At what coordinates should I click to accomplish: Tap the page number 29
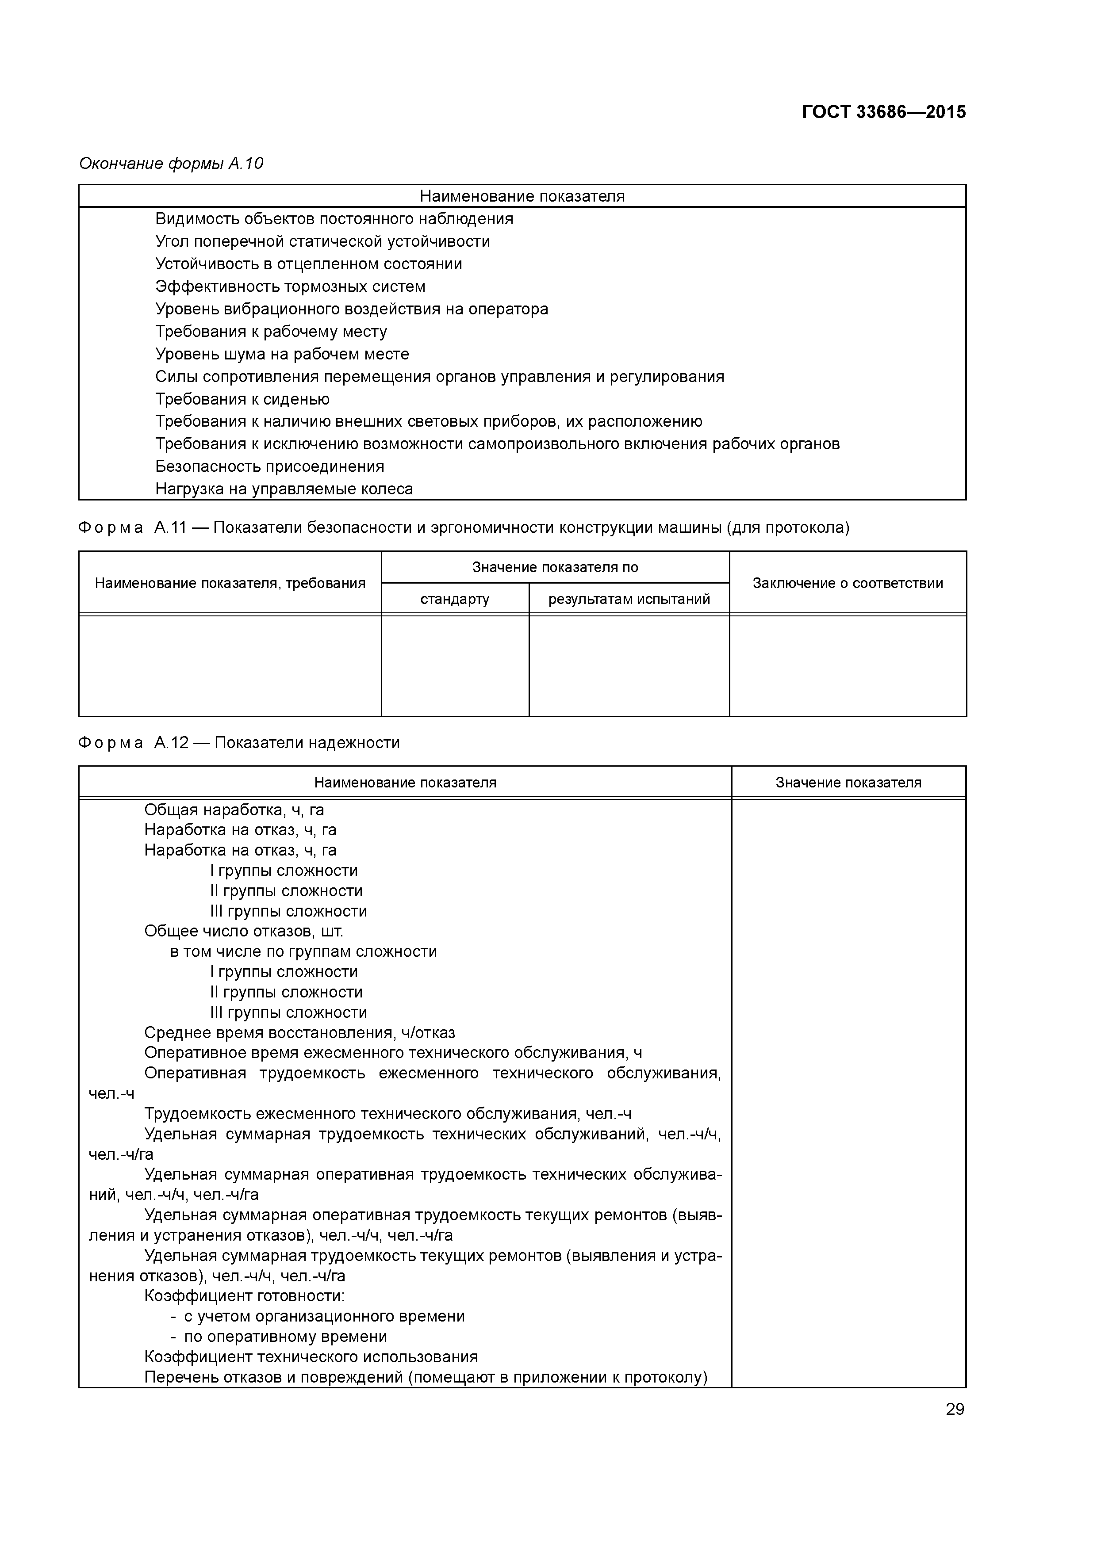[x=955, y=1409]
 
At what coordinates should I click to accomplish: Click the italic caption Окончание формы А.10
[x=171, y=164]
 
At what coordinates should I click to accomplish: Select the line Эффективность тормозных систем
[x=290, y=287]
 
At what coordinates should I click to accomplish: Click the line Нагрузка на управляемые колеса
[x=284, y=489]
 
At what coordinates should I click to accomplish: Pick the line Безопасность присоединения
[x=270, y=467]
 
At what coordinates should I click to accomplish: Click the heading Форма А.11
[x=463, y=527]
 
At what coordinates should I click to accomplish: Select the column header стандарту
[x=454, y=599]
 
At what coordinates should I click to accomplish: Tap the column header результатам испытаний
[x=629, y=599]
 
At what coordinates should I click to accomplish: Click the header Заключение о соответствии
[x=848, y=584]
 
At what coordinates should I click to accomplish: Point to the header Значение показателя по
[x=555, y=567]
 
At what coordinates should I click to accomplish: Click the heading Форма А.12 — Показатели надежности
[x=238, y=743]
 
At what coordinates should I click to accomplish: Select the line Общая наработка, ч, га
[x=234, y=810]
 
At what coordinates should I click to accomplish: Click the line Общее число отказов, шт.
[x=243, y=932]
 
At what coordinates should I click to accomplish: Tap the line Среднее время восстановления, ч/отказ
[x=299, y=1033]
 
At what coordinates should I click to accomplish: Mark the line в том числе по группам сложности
[x=303, y=952]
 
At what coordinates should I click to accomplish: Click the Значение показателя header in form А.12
[x=848, y=783]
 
